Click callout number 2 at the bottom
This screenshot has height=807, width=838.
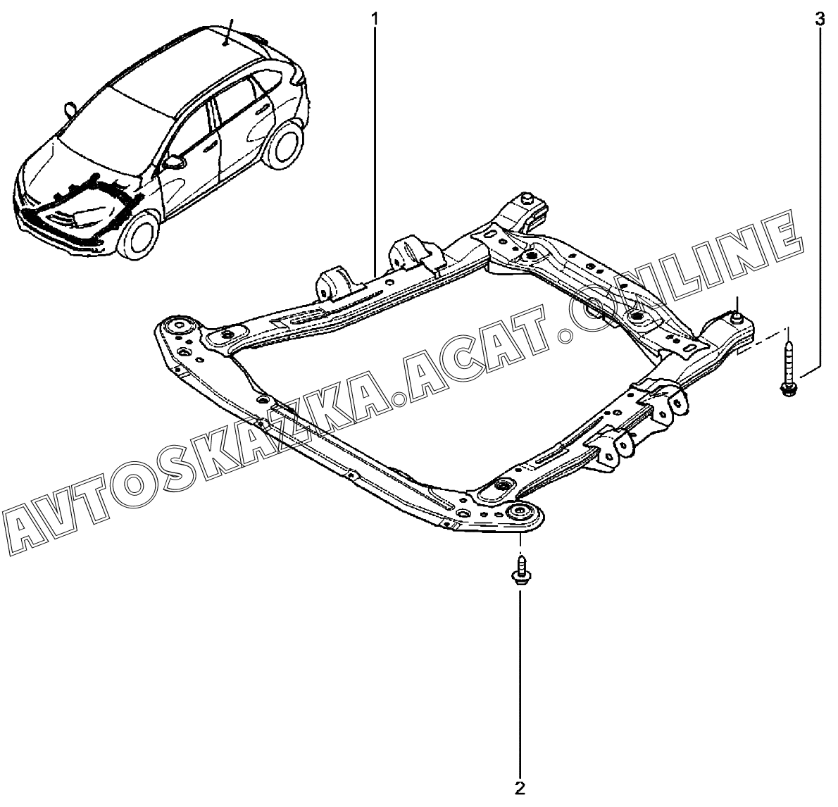point(520,787)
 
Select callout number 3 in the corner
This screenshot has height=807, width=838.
point(819,19)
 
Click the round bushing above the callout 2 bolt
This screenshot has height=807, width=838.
point(522,511)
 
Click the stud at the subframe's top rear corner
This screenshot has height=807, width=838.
point(525,199)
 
